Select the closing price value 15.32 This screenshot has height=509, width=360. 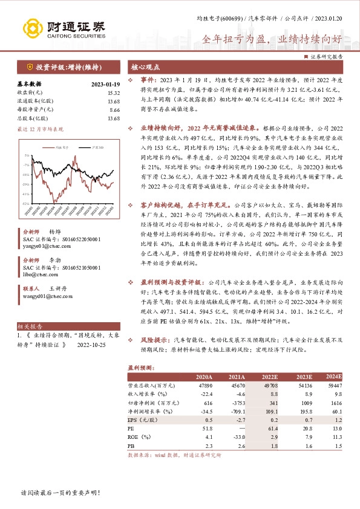coord(113,93)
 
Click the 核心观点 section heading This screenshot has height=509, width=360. coord(145,67)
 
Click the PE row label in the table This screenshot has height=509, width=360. coord(131,427)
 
